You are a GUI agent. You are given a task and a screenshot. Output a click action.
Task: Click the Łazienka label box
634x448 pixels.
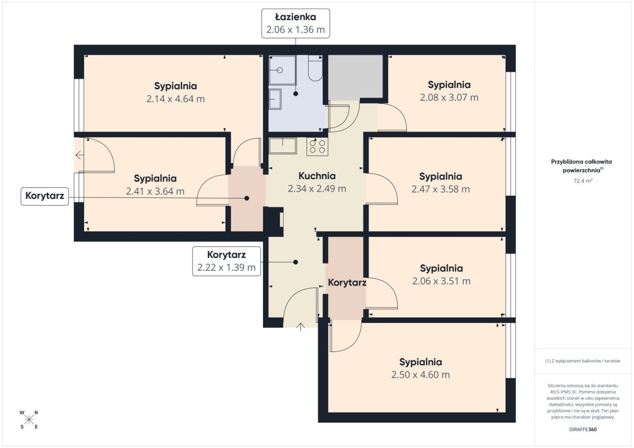pyautogui.click(x=295, y=23)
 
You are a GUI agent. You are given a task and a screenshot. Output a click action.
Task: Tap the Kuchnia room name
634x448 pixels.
pyautogui.click(x=317, y=176)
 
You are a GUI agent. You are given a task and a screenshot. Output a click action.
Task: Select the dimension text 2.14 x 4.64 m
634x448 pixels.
pyautogui.click(x=175, y=99)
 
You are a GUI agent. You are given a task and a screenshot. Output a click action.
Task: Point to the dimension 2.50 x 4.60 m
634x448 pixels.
pyautogui.click(x=421, y=375)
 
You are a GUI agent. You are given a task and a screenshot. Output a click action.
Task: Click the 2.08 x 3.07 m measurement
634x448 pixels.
pyautogui.click(x=449, y=98)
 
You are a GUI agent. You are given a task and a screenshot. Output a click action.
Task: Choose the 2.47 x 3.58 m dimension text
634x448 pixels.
pyautogui.click(x=441, y=189)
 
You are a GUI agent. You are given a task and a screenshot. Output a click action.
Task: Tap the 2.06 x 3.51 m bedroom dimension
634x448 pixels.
pyautogui.click(x=441, y=281)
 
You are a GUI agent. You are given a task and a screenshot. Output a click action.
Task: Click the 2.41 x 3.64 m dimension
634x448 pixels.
pyautogui.click(x=155, y=192)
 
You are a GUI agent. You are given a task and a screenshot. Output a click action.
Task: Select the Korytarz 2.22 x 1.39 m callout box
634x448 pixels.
pyautogui.click(x=227, y=261)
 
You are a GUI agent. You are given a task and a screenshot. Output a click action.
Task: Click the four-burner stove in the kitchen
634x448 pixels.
pyautogui.click(x=318, y=147)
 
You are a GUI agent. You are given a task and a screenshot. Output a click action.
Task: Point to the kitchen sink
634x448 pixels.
pyautogui.click(x=283, y=146)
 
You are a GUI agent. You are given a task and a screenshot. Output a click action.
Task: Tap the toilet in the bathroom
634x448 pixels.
pyautogui.click(x=315, y=68)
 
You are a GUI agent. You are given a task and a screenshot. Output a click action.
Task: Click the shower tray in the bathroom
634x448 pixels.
pyautogui.click(x=283, y=70)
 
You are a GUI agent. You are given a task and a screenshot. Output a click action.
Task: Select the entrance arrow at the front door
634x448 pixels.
pyautogui.click(x=301, y=327)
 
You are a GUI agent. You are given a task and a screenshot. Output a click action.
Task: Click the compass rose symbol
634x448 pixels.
pyautogui.click(x=29, y=420)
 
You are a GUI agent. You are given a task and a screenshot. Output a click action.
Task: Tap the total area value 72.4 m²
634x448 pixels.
pyautogui.click(x=583, y=180)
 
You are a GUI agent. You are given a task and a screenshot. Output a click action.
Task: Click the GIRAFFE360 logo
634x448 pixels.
pyautogui.click(x=583, y=430)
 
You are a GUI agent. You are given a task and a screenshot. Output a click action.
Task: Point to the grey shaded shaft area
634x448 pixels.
pyautogui.click(x=356, y=77)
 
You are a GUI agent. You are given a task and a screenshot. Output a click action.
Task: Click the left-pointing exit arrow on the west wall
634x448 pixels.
pyautogui.click(x=80, y=155)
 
